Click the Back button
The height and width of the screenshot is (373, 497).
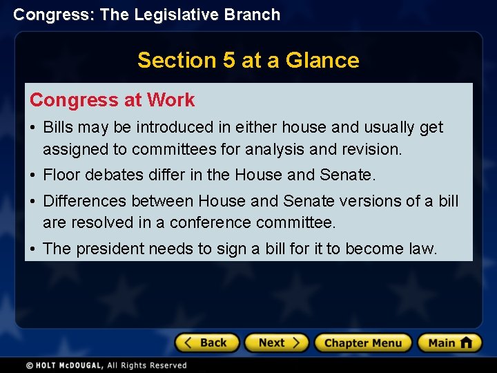(x=207, y=343)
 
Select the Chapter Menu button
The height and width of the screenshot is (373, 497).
(x=363, y=343)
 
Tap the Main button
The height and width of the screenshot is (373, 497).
(x=449, y=343)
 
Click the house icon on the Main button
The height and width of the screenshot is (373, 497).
(x=466, y=342)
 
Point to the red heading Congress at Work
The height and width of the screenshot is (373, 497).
(x=112, y=100)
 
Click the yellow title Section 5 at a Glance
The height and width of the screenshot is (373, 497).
(x=248, y=60)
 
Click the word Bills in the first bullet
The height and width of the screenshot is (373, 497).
(x=59, y=127)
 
